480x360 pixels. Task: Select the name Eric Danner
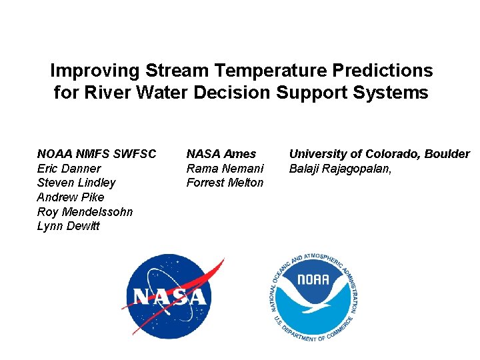[69, 169]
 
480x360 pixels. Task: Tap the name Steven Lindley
[76, 183]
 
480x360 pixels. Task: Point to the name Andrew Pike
[71, 197]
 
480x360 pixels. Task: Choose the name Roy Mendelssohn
[85, 212]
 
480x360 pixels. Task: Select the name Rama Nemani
[225, 169]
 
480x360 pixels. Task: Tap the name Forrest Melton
[225, 183]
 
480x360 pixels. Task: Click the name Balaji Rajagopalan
[339, 169]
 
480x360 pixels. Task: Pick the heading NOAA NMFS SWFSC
[97, 154]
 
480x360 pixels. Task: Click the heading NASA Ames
[221, 154]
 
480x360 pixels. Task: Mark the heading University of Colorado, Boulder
[379, 154]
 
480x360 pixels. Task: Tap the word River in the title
[105, 93]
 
